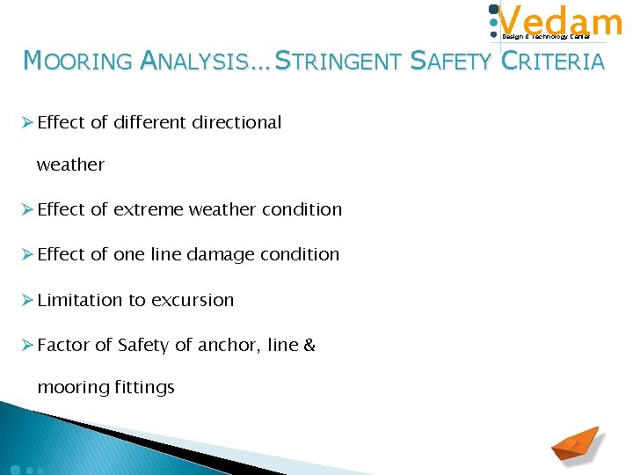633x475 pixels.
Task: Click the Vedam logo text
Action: coord(560,20)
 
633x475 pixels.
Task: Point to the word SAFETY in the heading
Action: coord(451,61)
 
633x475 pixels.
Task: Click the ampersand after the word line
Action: coord(309,346)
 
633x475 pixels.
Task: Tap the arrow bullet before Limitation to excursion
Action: coord(27,300)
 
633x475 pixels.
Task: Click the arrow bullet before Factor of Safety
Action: coord(27,346)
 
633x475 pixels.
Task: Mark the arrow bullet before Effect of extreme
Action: coord(27,209)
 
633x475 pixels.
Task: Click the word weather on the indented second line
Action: coord(70,164)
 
